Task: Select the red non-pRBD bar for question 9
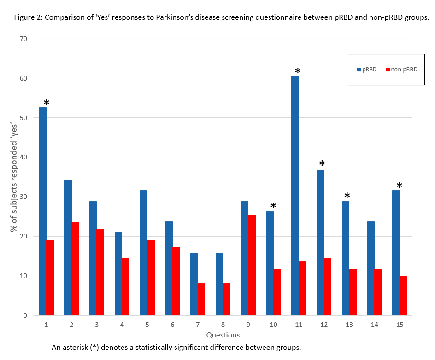point(252,265)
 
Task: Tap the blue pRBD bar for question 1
point(42,211)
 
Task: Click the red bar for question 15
point(403,296)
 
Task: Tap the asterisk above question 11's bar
point(298,71)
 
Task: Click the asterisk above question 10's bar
point(273,206)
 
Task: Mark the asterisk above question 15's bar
point(399,186)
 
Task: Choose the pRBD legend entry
point(367,70)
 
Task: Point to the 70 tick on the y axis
point(24,39)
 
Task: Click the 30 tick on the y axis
point(24,197)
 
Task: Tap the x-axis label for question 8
point(223,325)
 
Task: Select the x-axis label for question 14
point(374,325)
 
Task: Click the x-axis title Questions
point(223,335)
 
